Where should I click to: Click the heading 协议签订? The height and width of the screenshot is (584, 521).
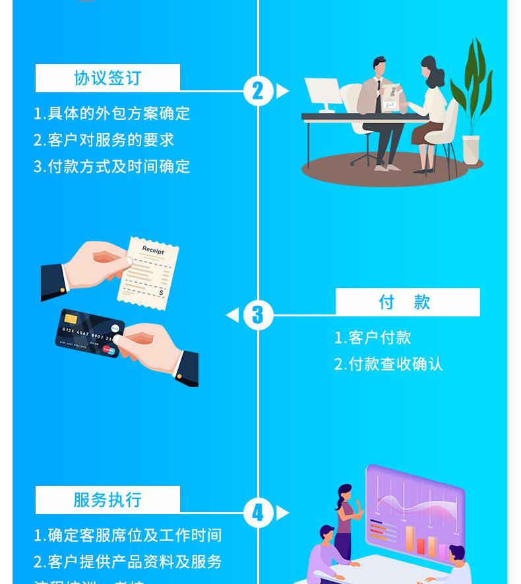pyautogui.click(x=107, y=78)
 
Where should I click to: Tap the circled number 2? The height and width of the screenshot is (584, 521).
pyautogui.click(x=258, y=91)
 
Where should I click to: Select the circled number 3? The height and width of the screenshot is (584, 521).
pyautogui.click(x=258, y=315)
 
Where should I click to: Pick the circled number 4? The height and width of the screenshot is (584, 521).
pyautogui.click(x=258, y=513)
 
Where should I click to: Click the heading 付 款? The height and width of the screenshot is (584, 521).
pyautogui.click(x=405, y=302)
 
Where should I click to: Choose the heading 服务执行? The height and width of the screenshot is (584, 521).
pyautogui.click(x=107, y=500)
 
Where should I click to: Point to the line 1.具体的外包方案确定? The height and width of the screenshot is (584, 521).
pyautogui.click(x=112, y=113)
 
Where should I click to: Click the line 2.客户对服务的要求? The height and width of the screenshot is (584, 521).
pyautogui.click(x=104, y=140)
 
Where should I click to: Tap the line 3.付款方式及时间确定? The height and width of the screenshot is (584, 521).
pyautogui.click(x=112, y=166)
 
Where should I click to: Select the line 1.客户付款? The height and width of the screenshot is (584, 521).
pyautogui.click(x=373, y=337)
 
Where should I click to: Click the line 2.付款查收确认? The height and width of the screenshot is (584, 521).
pyautogui.click(x=388, y=364)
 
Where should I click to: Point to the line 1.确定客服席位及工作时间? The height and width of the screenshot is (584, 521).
pyautogui.click(x=128, y=535)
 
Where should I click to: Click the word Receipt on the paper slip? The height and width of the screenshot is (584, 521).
pyautogui.click(x=153, y=250)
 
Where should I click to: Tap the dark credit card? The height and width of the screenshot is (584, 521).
pyautogui.click(x=89, y=333)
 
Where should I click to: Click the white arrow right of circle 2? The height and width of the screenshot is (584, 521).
pyautogui.click(x=282, y=91)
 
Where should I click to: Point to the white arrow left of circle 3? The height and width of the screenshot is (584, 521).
pyautogui.click(x=233, y=315)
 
